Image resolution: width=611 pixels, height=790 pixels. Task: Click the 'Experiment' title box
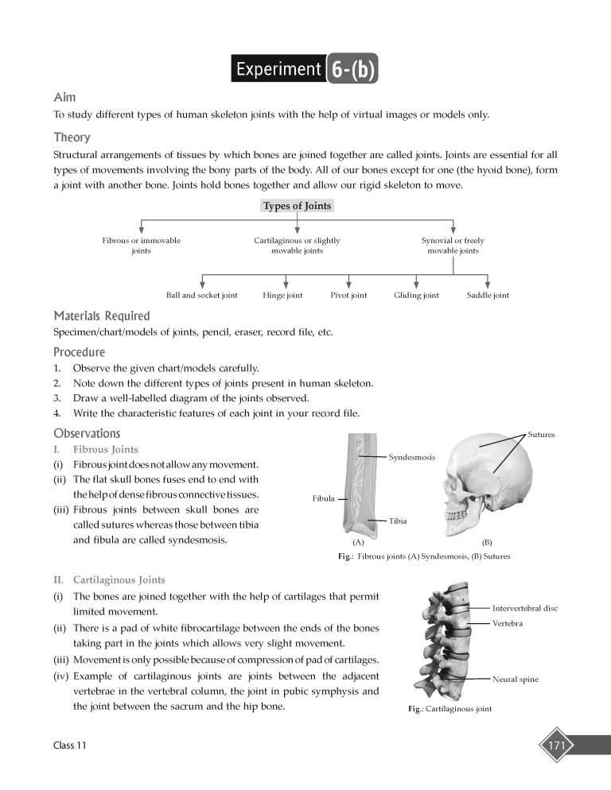pyautogui.click(x=278, y=69)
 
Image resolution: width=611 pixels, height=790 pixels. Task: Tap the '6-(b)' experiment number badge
pyautogui.click(x=351, y=69)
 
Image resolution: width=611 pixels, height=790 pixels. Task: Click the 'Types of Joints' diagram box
pyautogui.click(x=297, y=206)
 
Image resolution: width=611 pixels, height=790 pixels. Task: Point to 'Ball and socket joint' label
pyautogui.click(x=201, y=296)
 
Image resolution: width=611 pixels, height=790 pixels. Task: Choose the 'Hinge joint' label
pyautogui.click(x=282, y=296)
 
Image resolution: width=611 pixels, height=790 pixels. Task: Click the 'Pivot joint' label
pyautogui.click(x=348, y=296)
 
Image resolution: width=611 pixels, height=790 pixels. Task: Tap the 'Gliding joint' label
pyautogui.click(x=416, y=296)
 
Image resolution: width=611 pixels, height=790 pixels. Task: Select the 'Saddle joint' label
pyautogui.click(x=488, y=296)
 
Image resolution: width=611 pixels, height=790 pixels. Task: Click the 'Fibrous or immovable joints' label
pyautogui.click(x=141, y=245)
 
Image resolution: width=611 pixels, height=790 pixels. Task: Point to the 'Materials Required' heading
pyautogui.click(x=101, y=316)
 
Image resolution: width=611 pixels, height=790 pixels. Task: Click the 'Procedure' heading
pyautogui.click(x=79, y=352)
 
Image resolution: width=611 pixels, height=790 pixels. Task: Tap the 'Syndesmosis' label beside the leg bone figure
pyautogui.click(x=411, y=457)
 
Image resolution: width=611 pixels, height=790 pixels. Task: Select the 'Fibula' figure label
pyautogui.click(x=323, y=499)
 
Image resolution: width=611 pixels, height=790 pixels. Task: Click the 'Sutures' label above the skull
pyautogui.click(x=541, y=435)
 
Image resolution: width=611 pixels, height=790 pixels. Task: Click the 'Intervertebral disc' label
pyautogui.click(x=525, y=608)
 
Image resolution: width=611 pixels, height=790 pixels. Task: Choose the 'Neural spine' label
pyautogui.click(x=516, y=680)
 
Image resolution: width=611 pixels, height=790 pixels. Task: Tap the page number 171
pyautogui.click(x=556, y=745)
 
